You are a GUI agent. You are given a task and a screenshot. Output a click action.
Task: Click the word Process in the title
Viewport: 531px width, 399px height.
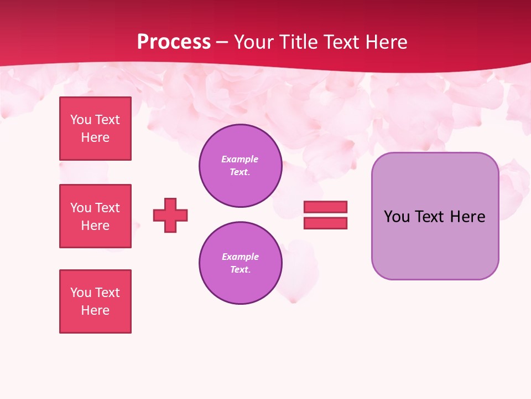[x=174, y=42]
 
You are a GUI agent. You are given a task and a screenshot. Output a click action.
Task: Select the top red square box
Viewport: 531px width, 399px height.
[x=95, y=129]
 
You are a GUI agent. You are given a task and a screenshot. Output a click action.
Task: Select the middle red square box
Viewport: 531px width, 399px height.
[x=95, y=216]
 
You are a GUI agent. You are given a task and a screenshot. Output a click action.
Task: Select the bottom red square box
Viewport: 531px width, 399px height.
[x=95, y=301]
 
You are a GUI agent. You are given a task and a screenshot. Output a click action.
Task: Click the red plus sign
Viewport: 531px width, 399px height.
[x=170, y=215]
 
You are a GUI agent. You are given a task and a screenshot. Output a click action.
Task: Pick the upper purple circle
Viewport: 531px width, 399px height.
[x=240, y=166]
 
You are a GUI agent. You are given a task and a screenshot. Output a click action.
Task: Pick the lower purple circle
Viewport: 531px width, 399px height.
[x=240, y=263]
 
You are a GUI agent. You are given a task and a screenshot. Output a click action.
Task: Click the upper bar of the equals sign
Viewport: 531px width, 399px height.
[x=325, y=207]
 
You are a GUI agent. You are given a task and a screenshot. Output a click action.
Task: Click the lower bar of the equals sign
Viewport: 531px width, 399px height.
[x=325, y=223]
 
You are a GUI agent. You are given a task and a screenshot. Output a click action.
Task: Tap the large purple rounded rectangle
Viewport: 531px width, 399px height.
[x=435, y=244]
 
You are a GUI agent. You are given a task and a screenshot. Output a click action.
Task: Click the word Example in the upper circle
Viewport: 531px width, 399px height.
[x=240, y=159]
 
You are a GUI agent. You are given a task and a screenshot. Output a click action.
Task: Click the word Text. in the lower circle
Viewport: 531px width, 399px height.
[x=240, y=269]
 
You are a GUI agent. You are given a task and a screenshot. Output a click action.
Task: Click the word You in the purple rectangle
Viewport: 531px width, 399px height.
[x=397, y=217]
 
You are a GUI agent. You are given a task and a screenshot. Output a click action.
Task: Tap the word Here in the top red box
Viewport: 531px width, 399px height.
[x=95, y=137]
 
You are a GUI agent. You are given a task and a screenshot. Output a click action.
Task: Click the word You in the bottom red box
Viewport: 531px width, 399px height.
[x=81, y=293]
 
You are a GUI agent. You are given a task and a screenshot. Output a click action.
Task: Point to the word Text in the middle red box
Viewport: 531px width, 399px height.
[x=107, y=208]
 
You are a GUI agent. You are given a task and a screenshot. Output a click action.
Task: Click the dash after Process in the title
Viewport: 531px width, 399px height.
[x=222, y=42]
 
